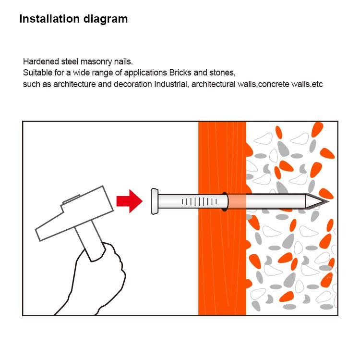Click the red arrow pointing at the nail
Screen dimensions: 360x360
(x=129, y=201)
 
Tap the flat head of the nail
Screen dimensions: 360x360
(x=155, y=201)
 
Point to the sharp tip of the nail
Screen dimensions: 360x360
(x=328, y=201)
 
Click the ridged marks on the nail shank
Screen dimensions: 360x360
(x=199, y=201)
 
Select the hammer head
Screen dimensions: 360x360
(x=74, y=213)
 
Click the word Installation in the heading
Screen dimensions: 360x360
(x=49, y=19)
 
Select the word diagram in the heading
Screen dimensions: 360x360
(x=106, y=19)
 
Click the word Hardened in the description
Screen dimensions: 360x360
(x=41, y=62)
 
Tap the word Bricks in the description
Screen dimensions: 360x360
(x=180, y=73)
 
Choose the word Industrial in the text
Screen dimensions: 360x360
(x=171, y=84)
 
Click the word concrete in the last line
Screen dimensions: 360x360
(x=274, y=85)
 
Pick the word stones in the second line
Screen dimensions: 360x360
(x=222, y=73)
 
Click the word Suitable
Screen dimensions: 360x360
(x=37, y=73)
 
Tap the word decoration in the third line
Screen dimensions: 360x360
(x=133, y=84)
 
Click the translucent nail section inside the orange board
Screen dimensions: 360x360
(x=237, y=201)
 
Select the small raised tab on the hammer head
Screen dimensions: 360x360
(x=72, y=199)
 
